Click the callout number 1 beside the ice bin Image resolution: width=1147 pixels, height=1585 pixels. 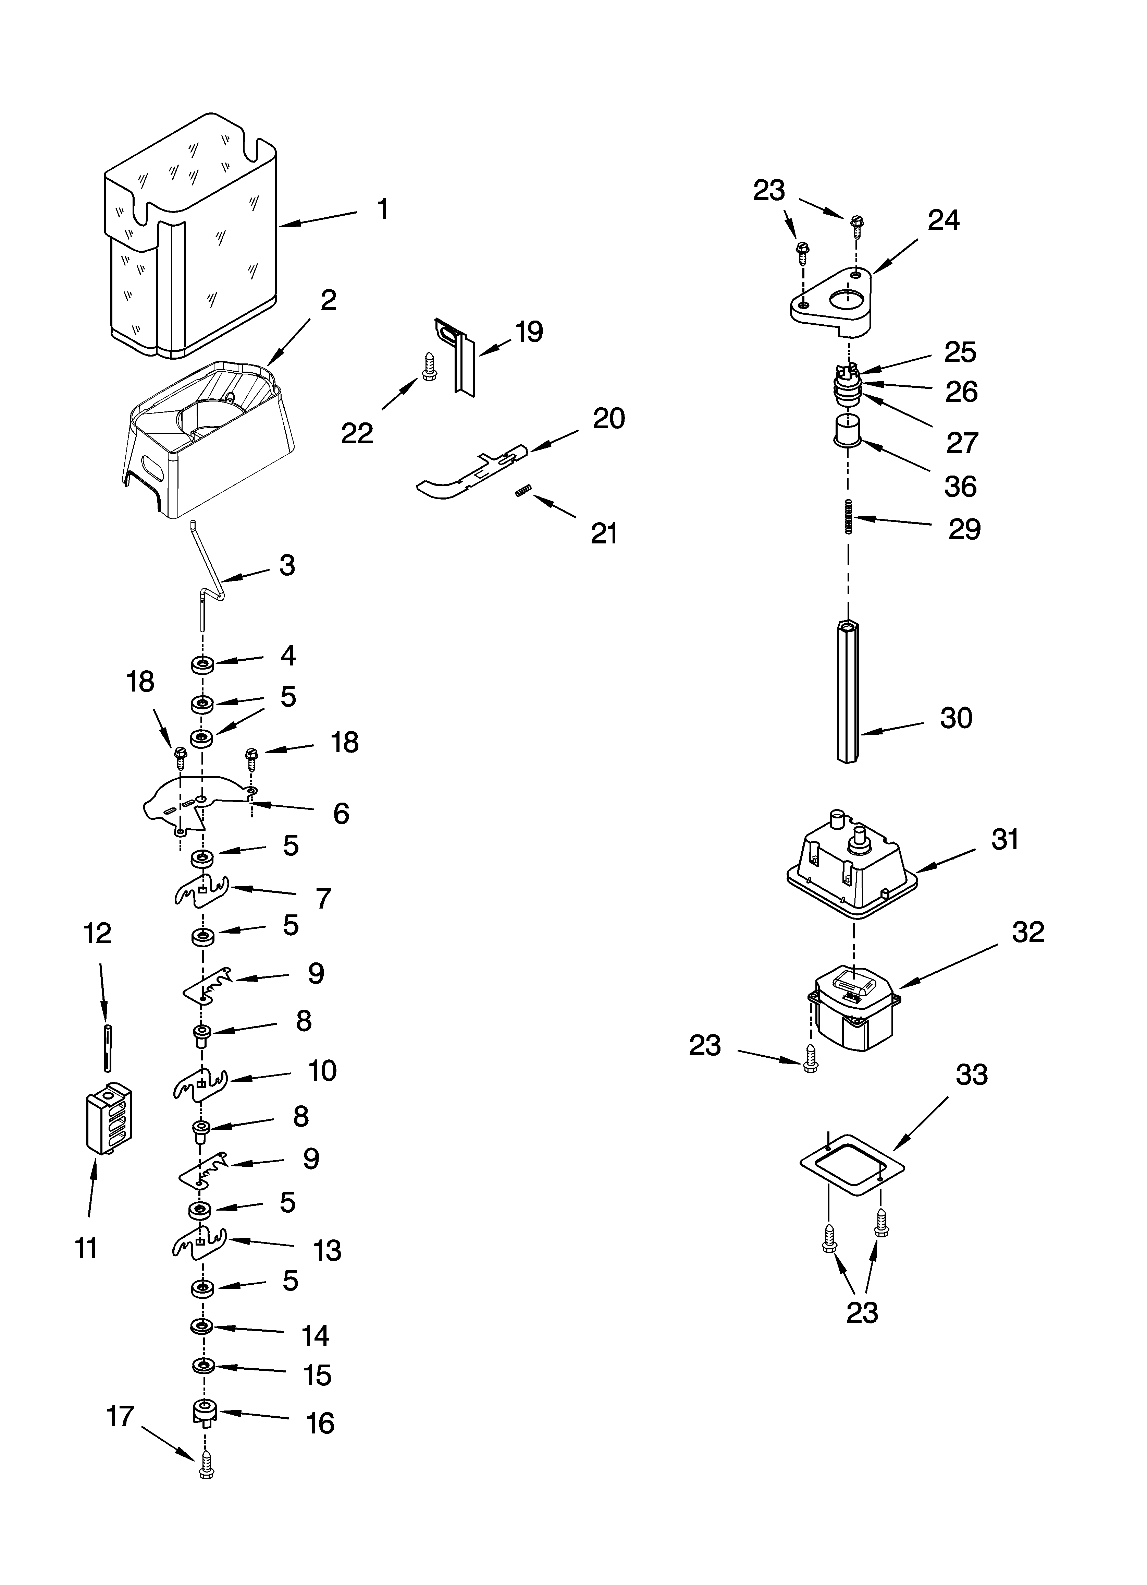(382, 209)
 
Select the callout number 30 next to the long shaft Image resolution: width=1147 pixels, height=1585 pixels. (955, 718)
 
